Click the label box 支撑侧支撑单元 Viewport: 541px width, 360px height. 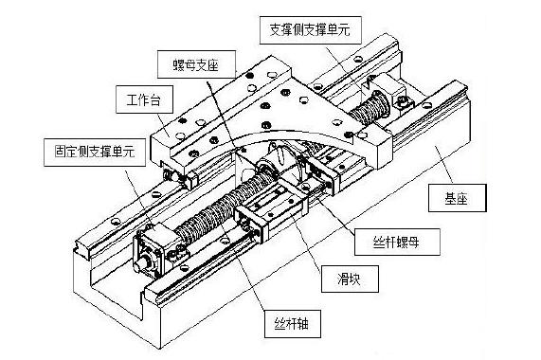click(310, 30)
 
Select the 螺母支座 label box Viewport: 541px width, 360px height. click(197, 64)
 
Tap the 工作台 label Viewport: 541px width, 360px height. click(144, 99)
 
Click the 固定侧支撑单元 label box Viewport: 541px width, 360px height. click(95, 153)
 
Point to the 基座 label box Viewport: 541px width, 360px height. click(458, 198)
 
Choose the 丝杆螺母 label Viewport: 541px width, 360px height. click(397, 242)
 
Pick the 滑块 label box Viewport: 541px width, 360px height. click(350, 279)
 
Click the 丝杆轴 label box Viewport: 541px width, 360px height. click(293, 324)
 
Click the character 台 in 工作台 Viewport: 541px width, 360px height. click(155, 100)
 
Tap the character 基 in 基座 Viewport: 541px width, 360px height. click(451, 198)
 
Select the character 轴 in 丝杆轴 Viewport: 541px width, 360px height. click(303, 324)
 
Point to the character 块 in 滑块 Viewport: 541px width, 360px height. click(355, 279)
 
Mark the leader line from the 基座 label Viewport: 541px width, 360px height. click(444, 165)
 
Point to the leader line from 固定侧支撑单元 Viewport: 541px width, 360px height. click(139, 196)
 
